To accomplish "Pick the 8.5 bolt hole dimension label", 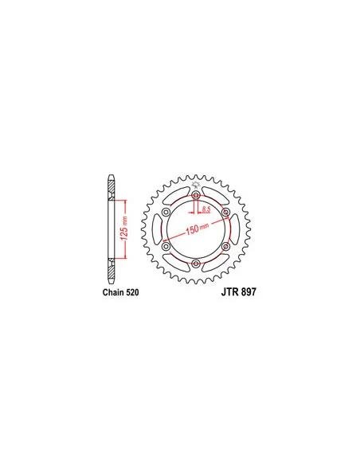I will [205, 209].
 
